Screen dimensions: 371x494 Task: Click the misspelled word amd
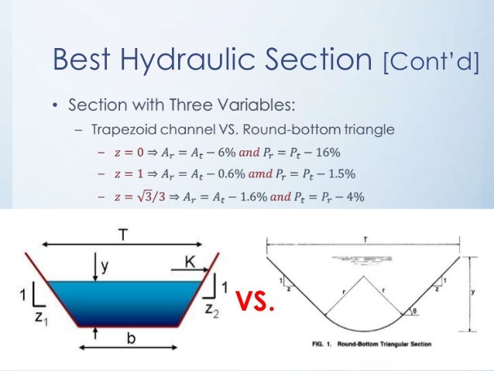point(266,174)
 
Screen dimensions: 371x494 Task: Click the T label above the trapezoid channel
point(123,232)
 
